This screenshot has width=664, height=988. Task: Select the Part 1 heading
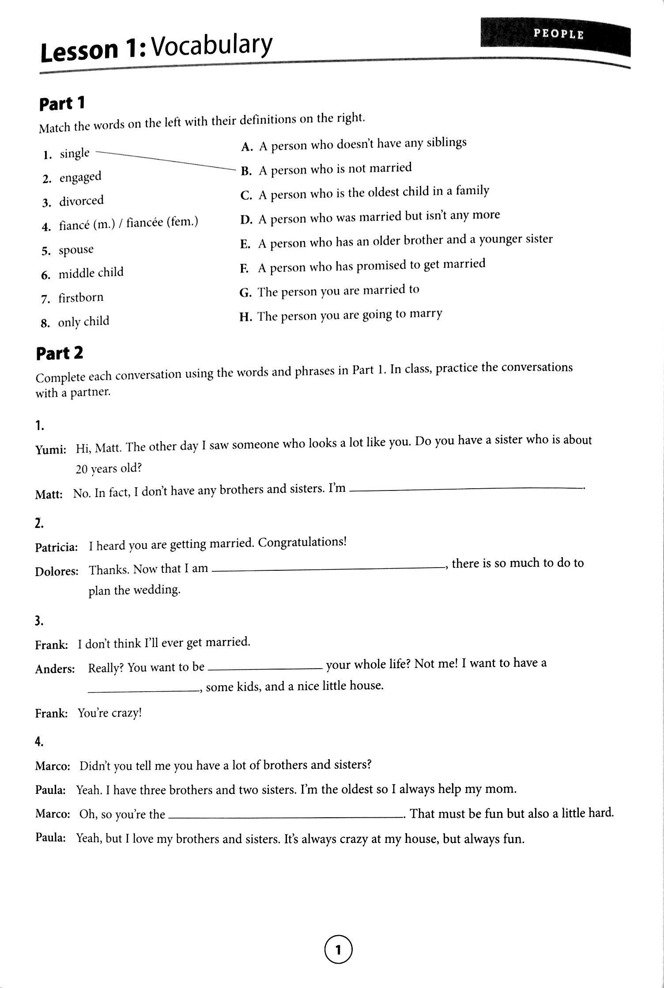[62, 104]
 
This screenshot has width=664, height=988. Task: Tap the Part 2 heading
[59, 353]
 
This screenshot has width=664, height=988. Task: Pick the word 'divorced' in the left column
[82, 201]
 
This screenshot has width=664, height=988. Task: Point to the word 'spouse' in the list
[76, 250]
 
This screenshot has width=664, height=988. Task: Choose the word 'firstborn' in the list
[81, 298]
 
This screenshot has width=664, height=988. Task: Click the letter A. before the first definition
[246, 147]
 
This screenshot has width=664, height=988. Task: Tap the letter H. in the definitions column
[245, 317]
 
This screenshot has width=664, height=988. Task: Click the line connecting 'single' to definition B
[163, 160]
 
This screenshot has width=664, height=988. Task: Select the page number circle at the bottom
[339, 949]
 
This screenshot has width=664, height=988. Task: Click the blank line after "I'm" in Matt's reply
[466, 488]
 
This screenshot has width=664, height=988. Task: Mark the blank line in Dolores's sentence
[328, 569]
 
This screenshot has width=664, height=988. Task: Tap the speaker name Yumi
[51, 450]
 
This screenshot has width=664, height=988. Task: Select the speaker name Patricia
[57, 547]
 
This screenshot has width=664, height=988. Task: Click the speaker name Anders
[55, 669]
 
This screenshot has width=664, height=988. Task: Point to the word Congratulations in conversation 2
[302, 542]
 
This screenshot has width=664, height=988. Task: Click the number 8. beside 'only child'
[45, 324]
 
